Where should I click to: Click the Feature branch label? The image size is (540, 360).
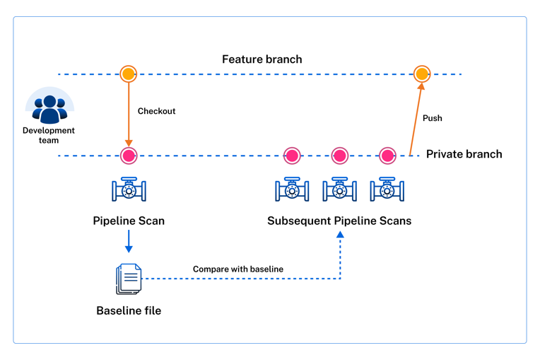pos(262,59)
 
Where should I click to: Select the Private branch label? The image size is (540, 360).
pos(464,154)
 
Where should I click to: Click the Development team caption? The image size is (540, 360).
pos(49,135)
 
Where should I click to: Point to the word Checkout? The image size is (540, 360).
pos(156,111)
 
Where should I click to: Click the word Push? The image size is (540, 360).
pos(432,118)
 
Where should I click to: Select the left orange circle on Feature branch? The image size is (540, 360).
pos(128,74)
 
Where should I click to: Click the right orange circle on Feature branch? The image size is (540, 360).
pos(421,74)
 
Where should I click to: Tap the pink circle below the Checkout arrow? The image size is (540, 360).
pos(128,156)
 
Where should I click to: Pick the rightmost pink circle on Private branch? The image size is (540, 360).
pos(387,156)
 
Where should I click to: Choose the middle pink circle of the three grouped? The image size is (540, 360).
pos(339,156)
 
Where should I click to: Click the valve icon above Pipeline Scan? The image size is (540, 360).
pos(129,190)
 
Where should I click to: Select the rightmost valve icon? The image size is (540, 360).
pos(387,190)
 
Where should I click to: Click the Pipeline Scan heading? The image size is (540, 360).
pos(129,221)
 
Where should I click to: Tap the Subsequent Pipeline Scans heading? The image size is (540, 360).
pos(339,221)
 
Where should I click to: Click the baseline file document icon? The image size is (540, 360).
pos(129,279)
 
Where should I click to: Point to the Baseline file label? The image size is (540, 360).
pos(129,310)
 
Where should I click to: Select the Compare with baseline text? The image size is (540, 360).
pos(237,269)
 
